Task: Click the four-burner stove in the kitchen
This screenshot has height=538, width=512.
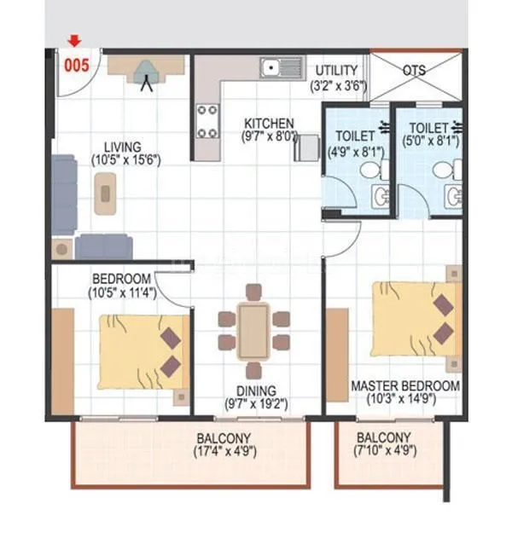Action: tap(207, 120)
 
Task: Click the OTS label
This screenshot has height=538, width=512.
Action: tap(415, 70)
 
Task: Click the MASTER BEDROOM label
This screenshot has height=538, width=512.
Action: tap(405, 386)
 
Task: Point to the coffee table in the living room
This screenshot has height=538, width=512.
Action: tap(105, 192)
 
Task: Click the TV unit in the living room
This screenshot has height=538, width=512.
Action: tap(151, 68)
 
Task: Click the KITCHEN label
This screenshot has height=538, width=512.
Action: tap(269, 123)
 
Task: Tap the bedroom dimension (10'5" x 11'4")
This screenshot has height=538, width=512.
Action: tap(121, 292)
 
